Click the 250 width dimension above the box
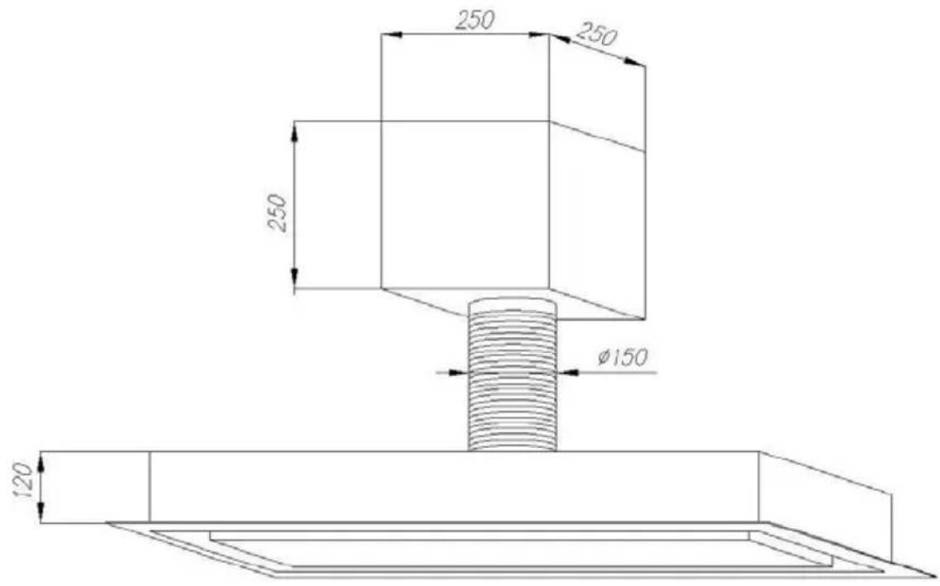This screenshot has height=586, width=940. click(475, 21)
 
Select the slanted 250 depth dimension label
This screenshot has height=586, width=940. click(597, 35)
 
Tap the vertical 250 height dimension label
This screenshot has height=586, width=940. click(278, 212)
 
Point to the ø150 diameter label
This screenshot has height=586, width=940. click(623, 357)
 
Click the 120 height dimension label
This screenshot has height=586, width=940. click(23, 480)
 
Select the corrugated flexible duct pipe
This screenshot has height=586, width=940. click(512, 374)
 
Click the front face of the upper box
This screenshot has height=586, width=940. click(465, 204)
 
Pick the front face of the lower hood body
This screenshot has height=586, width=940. click(455, 487)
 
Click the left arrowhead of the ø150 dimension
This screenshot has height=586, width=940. click(458, 373)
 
